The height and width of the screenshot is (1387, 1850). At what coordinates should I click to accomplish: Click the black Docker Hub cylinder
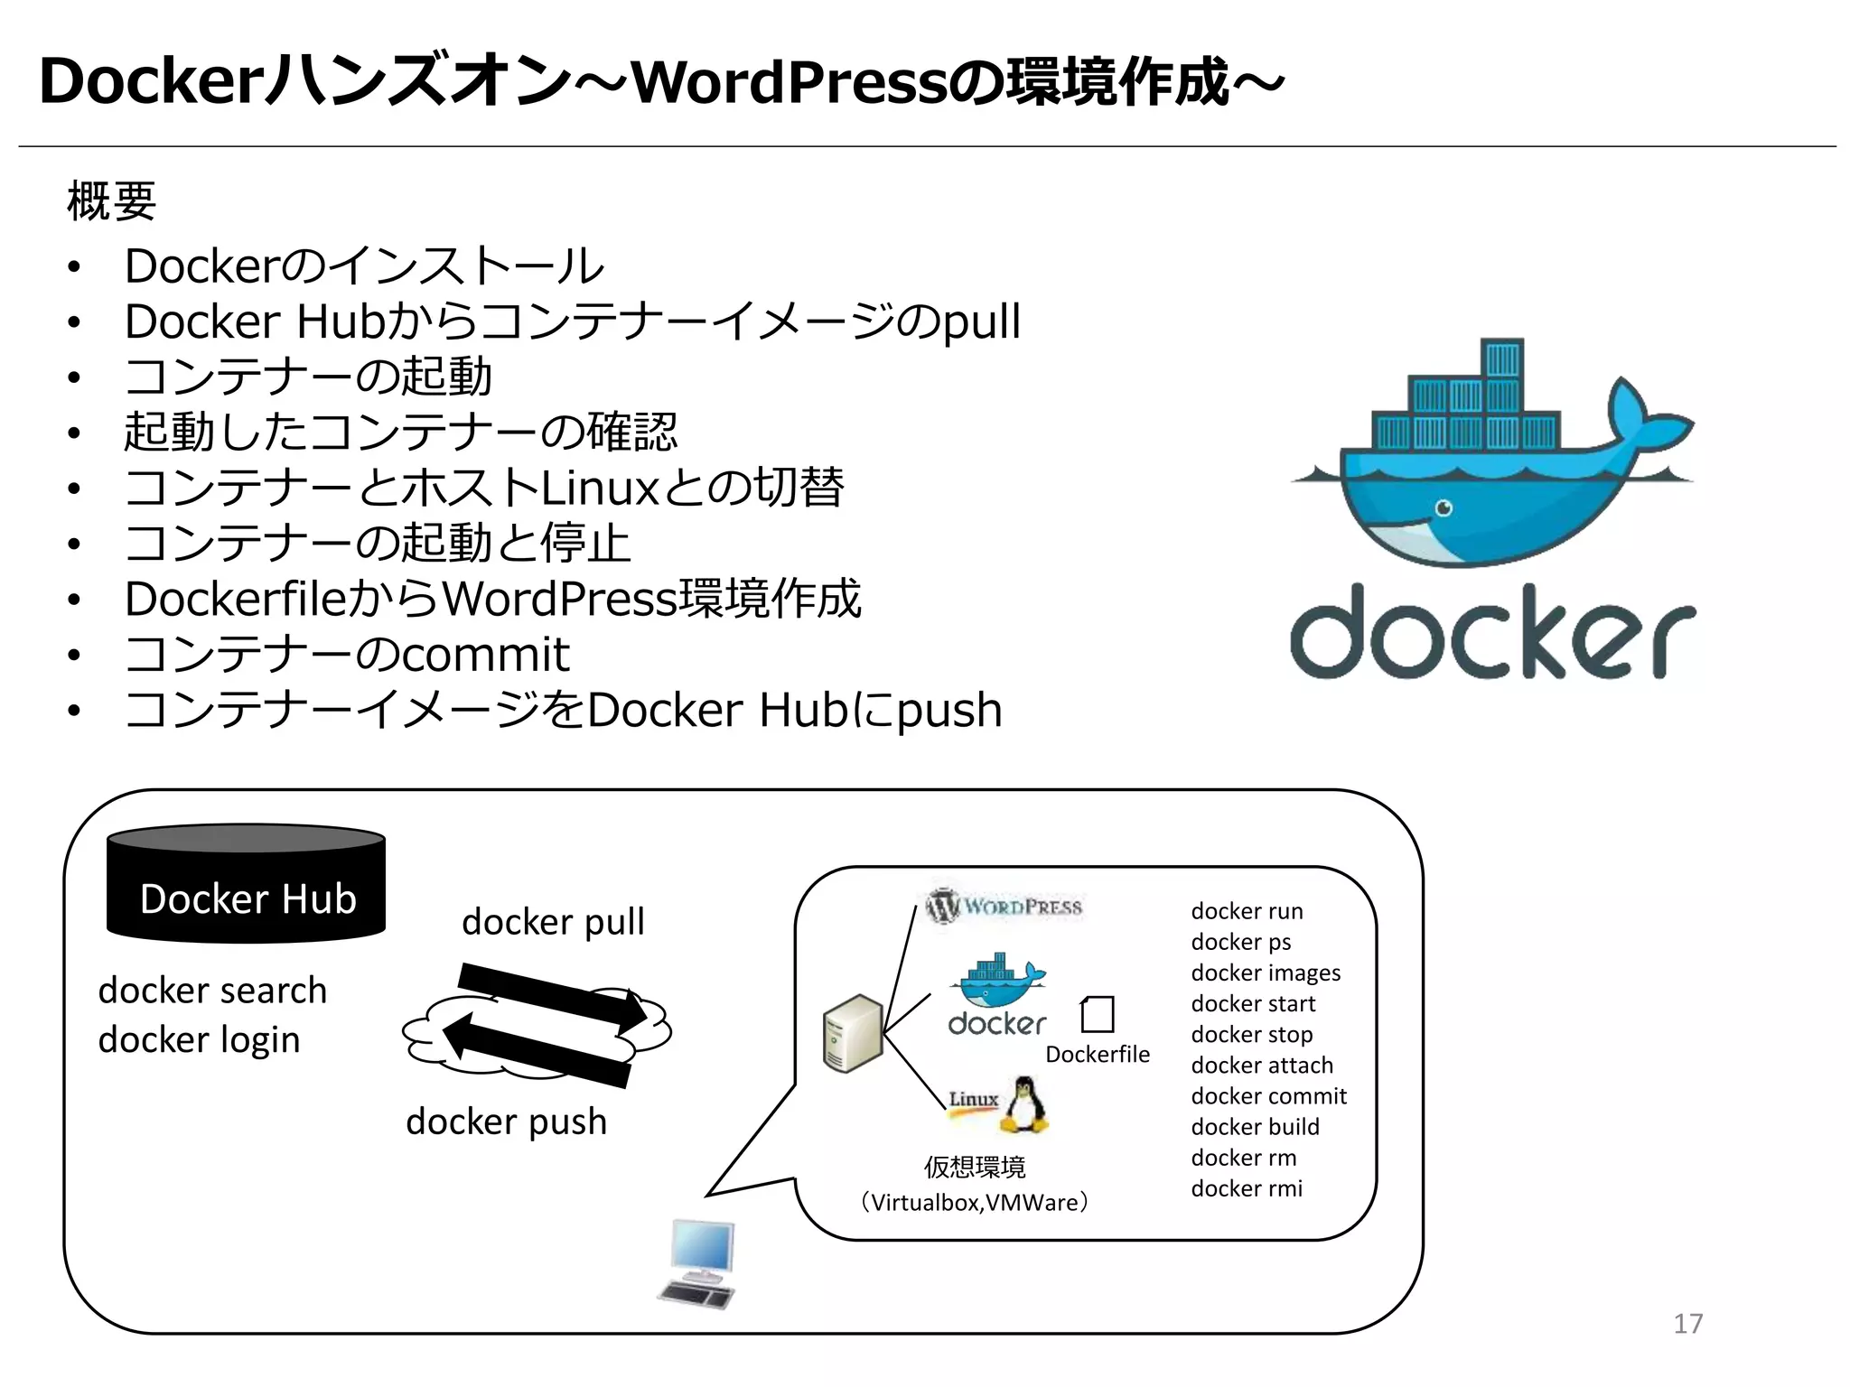246,885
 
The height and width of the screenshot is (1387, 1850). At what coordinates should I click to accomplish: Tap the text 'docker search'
212,991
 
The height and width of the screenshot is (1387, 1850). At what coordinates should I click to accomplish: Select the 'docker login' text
199,1040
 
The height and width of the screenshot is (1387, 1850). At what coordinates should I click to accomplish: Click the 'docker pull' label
553,922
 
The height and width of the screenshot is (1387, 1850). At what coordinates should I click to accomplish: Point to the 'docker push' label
506,1122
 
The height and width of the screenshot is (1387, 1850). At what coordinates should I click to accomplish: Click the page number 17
1687,1324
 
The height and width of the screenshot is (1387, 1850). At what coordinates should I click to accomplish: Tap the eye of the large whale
1444,507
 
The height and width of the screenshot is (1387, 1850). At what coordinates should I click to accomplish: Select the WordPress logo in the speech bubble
1003,906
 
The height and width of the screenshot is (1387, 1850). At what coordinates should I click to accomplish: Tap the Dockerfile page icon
1098,1014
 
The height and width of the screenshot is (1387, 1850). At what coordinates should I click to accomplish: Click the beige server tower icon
852,1034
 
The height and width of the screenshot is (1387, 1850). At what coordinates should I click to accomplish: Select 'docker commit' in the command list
1268,1096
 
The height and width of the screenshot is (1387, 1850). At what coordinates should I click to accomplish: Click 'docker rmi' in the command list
1247,1188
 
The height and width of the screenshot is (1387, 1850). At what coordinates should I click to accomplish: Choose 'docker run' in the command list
1247,911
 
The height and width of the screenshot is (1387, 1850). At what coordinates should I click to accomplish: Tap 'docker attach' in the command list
1261,1066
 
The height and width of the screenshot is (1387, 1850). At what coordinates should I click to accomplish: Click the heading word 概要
111,200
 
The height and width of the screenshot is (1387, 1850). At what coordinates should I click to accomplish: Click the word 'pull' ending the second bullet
981,322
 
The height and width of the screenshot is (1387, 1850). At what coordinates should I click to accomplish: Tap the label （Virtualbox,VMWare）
974,1203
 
